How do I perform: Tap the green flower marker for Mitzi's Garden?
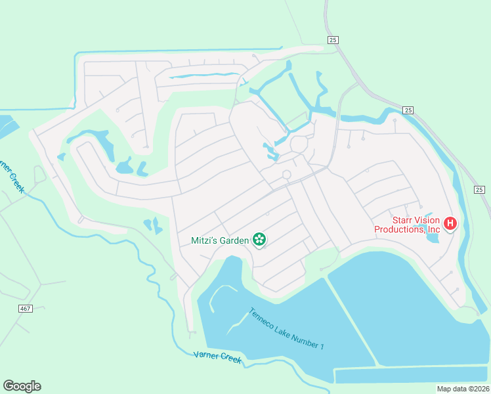pyautogui.click(x=260, y=240)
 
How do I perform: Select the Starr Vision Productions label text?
pyautogui.click(x=407, y=225)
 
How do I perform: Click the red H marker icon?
pyautogui.click(x=450, y=224)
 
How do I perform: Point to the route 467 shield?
pyautogui.click(x=25, y=308)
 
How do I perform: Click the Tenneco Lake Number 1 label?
pyautogui.click(x=286, y=328)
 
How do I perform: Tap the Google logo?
pyautogui.click(x=22, y=386)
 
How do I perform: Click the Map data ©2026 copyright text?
pyautogui.click(x=463, y=389)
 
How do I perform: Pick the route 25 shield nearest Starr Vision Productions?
pyautogui.click(x=479, y=189)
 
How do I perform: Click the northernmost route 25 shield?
pyautogui.click(x=333, y=41)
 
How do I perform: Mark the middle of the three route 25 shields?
pyautogui.click(x=408, y=110)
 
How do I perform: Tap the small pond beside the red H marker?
pyautogui.click(x=432, y=235)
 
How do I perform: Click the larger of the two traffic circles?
pyautogui.click(x=299, y=144)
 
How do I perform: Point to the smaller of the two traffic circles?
pyautogui.click(x=286, y=174)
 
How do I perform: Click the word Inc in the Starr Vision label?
pyautogui.click(x=433, y=230)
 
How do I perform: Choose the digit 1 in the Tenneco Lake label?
pyautogui.click(x=322, y=346)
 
